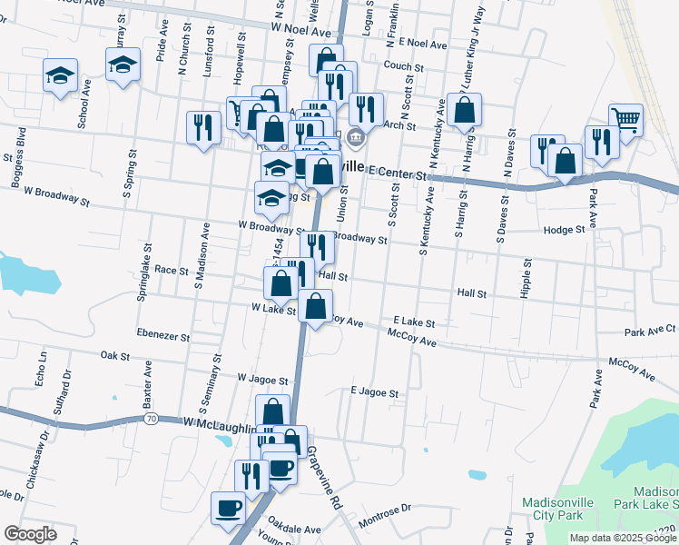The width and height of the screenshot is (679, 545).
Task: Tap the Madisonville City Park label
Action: coord(558,509)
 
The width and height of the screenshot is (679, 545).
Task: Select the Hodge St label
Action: coord(564,231)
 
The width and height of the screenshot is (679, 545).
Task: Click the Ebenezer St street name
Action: coord(163,336)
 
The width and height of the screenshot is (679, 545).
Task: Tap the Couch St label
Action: coord(404,66)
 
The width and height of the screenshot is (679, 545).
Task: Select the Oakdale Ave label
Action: coord(294,529)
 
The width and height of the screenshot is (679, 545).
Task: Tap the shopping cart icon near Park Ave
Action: coord(626,119)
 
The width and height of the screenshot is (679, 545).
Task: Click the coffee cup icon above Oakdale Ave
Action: coord(228,507)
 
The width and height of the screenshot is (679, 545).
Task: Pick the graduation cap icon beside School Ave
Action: coord(61,75)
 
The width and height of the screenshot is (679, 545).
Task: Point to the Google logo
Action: coord(31,533)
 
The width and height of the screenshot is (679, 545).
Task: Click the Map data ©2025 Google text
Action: coord(622,538)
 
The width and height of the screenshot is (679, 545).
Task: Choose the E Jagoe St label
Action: coord(374,393)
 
